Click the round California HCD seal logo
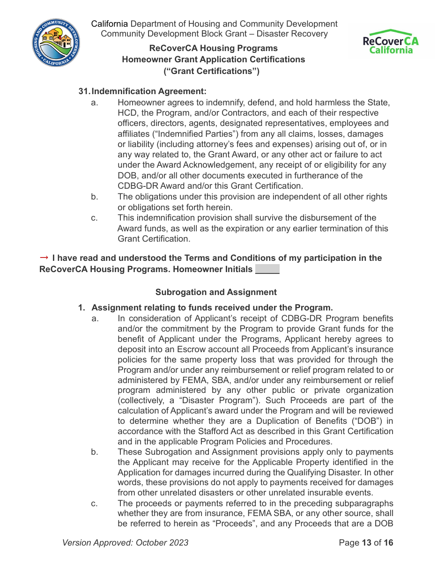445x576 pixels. (57, 43)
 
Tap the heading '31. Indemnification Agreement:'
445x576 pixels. (143, 91)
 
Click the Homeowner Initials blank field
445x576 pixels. (267, 270)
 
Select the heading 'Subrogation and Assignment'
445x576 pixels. (216, 292)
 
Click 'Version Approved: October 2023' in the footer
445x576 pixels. (125, 543)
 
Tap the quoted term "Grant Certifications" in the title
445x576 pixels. (211, 71)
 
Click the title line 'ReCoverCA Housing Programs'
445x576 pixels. (213, 48)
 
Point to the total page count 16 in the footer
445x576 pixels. (388, 543)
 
